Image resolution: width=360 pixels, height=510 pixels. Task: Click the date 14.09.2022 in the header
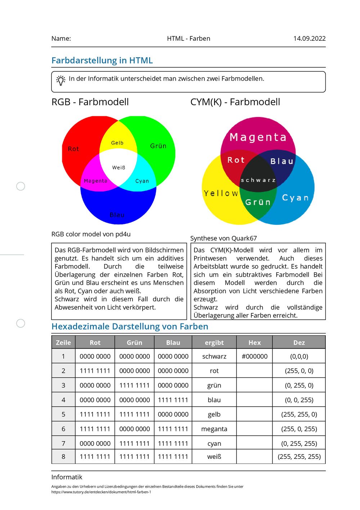(x=309, y=39)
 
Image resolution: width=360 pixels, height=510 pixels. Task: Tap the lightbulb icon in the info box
(x=61, y=80)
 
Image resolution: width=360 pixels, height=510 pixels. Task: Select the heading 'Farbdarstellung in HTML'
(x=102, y=61)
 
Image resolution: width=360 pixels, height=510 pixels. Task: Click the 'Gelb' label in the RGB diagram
(x=117, y=143)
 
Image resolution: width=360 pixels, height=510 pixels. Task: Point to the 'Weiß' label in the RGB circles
(x=118, y=167)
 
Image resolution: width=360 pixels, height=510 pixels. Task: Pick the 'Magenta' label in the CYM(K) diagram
(x=258, y=137)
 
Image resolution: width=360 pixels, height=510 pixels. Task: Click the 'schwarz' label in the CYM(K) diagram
(x=258, y=180)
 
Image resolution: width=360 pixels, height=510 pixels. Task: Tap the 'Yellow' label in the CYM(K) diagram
(x=221, y=193)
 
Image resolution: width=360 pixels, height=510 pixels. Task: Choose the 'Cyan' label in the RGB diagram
(x=142, y=181)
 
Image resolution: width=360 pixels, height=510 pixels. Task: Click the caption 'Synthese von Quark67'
(x=224, y=238)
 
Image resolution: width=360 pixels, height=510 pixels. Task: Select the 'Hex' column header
(x=255, y=343)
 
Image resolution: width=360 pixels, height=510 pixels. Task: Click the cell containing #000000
(x=255, y=356)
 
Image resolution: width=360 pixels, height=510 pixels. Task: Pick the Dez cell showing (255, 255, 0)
(x=299, y=414)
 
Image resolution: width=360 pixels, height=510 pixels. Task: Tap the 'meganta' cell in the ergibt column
(x=214, y=429)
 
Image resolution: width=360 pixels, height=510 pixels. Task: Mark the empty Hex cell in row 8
(x=255, y=457)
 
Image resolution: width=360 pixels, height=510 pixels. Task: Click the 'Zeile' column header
(x=63, y=343)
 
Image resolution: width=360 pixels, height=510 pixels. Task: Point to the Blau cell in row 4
(x=173, y=400)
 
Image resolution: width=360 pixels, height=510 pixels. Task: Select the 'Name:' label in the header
(x=61, y=39)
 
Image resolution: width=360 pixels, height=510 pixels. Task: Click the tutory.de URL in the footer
(x=101, y=492)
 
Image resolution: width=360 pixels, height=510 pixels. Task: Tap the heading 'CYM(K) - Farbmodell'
(x=235, y=102)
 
